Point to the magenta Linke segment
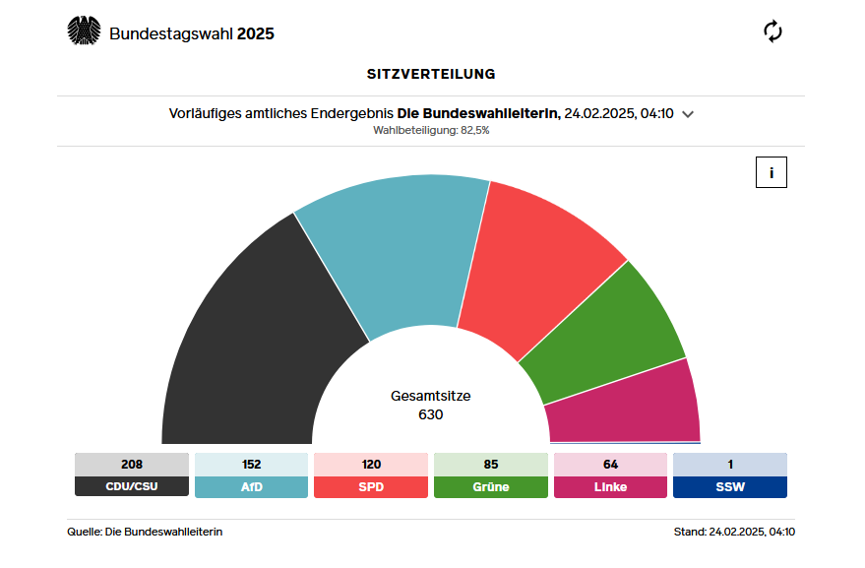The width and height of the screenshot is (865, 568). pyautogui.click(x=625, y=409)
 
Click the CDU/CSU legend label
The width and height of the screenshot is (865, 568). pyautogui.click(x=131, y=486)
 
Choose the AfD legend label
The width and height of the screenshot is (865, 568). pyautogui.click(x=251, y=486)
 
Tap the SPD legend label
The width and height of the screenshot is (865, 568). pyautogui.click(x=371, y=486)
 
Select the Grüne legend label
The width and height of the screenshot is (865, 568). pyautogui.click(x=491, y=486)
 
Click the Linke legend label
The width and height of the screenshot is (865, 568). pyautogui.click(x=610, y=486)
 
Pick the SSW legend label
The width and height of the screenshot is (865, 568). pyautogui.click(x=730, y=486)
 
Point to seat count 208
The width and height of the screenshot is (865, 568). pyautogui.click(x=131, y=465)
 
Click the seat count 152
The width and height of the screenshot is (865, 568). pyautogui.click(x=251, y=465)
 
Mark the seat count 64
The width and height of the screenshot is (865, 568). pyautogui.click(x=610, y=465)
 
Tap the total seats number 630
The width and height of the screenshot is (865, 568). pyautogui.click(x=431, y=414)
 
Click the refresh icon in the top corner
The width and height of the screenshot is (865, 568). pyautogui.click(x=773, y=32)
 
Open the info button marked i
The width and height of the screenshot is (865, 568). pyautogui.click(x=772, y=172)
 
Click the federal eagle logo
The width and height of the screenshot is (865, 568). pyautogui.click(x=85, y=32)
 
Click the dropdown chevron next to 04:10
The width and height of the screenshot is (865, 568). pyautogui.click(x=688, y=114)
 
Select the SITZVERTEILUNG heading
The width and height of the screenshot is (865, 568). pyautogui.click(x=431, y=74)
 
